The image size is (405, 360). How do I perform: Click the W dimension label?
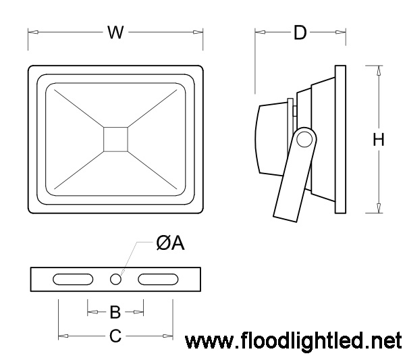click(x=116, y=32)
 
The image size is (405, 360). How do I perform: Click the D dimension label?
click(x=300, y=32)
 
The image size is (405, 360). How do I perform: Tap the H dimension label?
click(x=379, y=140)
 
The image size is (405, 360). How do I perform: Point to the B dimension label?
click(x=115, y=311)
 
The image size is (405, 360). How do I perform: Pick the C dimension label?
click(x=115, y=334)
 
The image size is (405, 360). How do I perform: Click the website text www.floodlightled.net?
click(x=293, y=340)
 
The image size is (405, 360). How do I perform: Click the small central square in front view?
click(x=115, y=138)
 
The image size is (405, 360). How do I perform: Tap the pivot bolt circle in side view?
click(x=304, y=140)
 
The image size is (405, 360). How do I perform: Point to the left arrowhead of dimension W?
click(x=31, y=32)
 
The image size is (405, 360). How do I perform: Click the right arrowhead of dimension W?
click(x=200, y=32)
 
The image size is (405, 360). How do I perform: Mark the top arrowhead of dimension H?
click(x=379, y=69)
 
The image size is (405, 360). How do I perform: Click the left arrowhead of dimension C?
click(x=62, y=334)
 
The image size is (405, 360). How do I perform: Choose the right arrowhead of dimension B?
click(x=140, y=311)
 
